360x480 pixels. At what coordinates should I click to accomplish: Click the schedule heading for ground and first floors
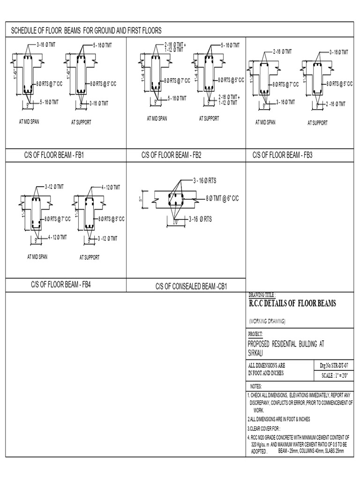[86, 30]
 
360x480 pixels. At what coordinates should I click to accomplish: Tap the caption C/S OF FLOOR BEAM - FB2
[172, 155]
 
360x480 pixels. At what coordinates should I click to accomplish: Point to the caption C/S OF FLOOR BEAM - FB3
[282, 155]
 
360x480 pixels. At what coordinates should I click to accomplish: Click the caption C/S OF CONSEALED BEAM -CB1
[191, 286]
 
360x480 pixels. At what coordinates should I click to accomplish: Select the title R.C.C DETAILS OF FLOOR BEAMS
[292, 304]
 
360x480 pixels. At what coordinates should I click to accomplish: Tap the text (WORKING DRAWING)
[267, 321]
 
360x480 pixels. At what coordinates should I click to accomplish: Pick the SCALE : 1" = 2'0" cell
[334, 375]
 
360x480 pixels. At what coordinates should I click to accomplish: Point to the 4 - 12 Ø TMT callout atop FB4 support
[110, 187]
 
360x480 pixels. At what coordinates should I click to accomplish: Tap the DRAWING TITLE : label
[261, 294]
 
